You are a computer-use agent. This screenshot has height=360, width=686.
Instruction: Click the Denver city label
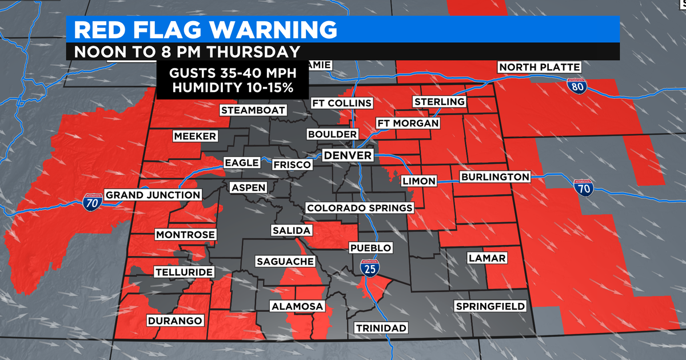pyautogui.click(x=348, y=155)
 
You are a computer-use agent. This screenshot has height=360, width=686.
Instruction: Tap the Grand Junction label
pyautogui.click(x=153, y=195)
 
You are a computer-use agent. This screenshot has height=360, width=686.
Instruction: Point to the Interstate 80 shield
pyautogui.click(x=576, y=86)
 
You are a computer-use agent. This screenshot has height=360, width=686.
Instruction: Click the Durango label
pyautogui.click(x=176, y=321)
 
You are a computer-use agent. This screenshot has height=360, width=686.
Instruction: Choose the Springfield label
pyautogui.click(x=490, y=306)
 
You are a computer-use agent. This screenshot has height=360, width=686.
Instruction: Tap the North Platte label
pyautogui.click(x=540, y=67)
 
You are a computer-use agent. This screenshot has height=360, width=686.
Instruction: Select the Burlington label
pyautogui.click(x=496, y=177)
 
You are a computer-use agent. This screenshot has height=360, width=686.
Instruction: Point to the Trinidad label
pyautogui.click(x=381, y=327)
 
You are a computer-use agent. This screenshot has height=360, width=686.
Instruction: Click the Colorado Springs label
pyautogui.click(x=359, y=208)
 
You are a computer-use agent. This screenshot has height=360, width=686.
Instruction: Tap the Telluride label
pyautogui.click(x=184, y=271)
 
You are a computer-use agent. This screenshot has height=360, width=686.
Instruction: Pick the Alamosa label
pyautogui.click(x=297, y=306)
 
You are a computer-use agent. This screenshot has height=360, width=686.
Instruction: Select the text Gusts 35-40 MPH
pyautogui.click(x=232, y=74)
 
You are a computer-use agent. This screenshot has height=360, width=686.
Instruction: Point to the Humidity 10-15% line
pyautogui.click(x=232, y=89)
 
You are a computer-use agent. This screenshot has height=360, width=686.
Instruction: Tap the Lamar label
pyautogui.click(x=486, y=258)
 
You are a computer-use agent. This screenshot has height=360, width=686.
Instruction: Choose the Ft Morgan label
pyautogui.click(x=407, y=123)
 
